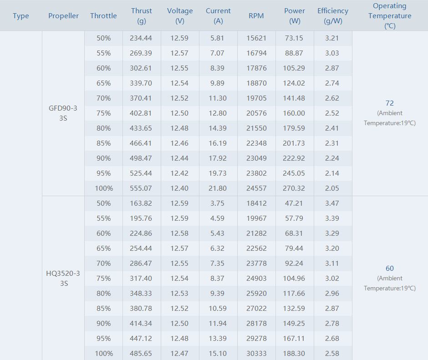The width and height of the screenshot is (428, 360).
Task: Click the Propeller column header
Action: pos(63,16)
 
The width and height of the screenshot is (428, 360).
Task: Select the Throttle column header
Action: pos(103,16)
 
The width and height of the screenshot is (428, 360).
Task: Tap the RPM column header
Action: pos(256,16)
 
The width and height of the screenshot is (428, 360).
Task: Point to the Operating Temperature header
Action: pos(389,16)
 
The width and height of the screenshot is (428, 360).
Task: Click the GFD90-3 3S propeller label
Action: pos(63,113)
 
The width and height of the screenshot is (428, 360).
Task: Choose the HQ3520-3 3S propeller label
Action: pos(63,278)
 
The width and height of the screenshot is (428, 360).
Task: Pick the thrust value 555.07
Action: pos(141,188)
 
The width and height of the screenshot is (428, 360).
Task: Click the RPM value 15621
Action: pos(256,38)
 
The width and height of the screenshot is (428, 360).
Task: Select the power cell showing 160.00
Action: pos(295,113)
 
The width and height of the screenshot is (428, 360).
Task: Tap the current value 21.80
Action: pos(218,188)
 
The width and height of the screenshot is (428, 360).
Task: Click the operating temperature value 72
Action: pos(389,103)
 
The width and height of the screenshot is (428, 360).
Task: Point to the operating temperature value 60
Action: pos(389,269)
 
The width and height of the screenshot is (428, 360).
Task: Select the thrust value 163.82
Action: pos(141,203)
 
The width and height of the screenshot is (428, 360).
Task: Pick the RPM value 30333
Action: pos(256,354)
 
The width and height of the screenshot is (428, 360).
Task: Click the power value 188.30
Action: pos(295,354)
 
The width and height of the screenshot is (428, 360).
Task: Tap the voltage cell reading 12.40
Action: pos(179,188)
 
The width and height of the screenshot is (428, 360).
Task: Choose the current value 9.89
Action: pos(218,83)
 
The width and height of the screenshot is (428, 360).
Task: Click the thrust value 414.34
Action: pos(141,324)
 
